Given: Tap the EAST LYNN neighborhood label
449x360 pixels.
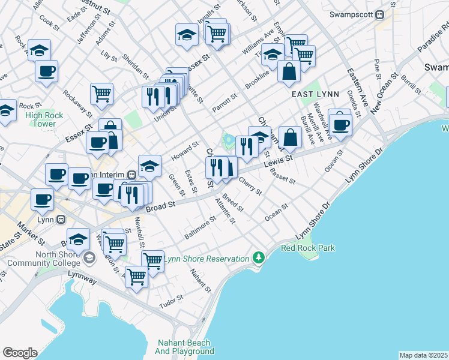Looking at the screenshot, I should (x=315, y=95).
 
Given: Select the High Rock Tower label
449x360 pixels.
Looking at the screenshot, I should (x=41, y=119).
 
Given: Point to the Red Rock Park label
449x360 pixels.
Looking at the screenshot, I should (x=308, y=248).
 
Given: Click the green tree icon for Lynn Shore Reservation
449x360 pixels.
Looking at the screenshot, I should (x=259, y=257).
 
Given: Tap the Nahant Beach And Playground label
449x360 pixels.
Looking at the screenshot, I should (x=184, y=347).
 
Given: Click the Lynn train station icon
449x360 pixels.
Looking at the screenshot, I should (x=60, y=220).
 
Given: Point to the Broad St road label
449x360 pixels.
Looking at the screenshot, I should (x=161, y=205).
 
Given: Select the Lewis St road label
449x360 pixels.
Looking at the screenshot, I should (x=281, y=159).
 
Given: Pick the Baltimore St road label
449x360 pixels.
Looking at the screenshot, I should (x=200, y=228).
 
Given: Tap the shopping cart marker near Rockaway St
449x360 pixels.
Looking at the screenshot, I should (x=101, y=94).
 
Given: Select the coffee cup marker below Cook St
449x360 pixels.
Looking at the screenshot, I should (x=46, y=71).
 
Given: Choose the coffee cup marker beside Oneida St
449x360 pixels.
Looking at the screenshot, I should (x=341, y=125).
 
